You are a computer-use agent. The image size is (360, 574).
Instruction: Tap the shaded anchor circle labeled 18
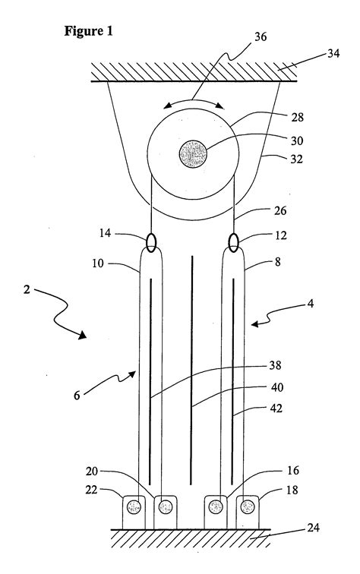(247, 506)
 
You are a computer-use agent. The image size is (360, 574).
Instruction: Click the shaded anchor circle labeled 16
(217, 506)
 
